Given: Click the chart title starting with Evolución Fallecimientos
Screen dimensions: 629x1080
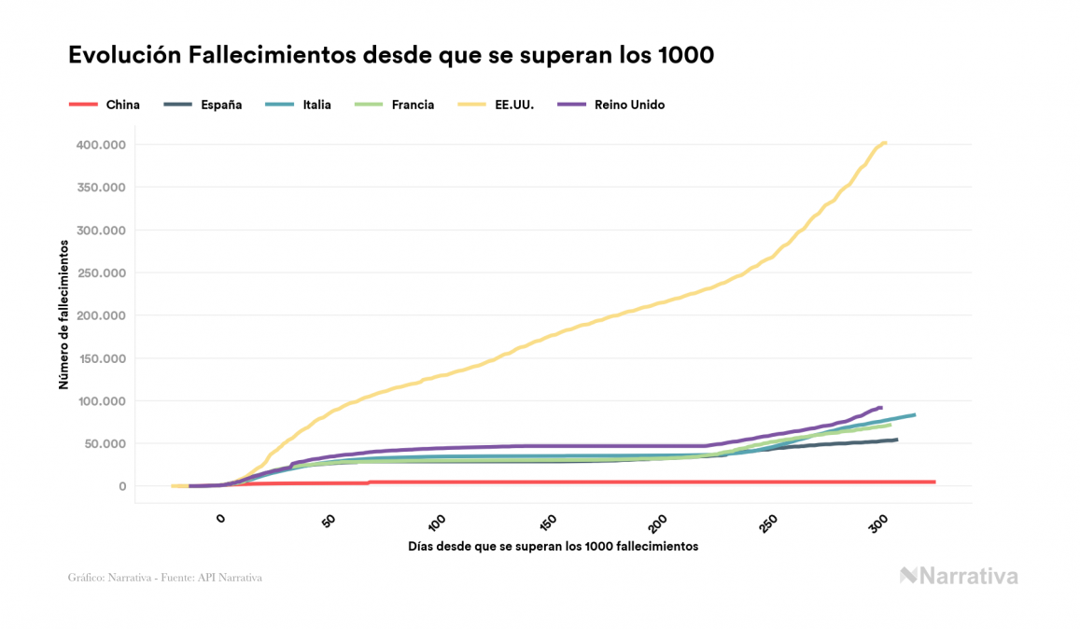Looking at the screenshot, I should [391, 55].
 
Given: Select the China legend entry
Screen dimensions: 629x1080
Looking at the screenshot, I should [122, 105].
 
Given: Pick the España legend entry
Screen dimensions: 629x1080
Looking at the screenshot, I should [221, 105].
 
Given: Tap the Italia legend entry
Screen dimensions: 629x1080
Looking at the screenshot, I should [316, 105].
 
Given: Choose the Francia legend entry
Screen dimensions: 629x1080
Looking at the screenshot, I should [413, 105].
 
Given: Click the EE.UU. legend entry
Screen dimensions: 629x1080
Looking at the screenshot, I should [514, 105].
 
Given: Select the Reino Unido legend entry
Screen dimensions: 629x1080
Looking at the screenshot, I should [629, 105].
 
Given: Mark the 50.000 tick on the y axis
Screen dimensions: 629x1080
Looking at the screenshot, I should [104, 443].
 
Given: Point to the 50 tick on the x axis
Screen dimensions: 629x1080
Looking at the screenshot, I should [330, 521].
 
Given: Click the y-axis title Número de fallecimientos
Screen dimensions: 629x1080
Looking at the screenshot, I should [63, 314].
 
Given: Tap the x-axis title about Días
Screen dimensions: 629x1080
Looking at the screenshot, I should [553, 546].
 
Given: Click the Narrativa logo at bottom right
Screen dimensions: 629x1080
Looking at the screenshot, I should [959, 576].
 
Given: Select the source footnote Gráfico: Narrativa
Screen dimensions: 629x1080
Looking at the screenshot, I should [164, 578].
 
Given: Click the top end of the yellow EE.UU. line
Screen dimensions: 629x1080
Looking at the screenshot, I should [885, 143].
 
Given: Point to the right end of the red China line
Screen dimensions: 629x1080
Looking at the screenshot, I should [933, 482].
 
